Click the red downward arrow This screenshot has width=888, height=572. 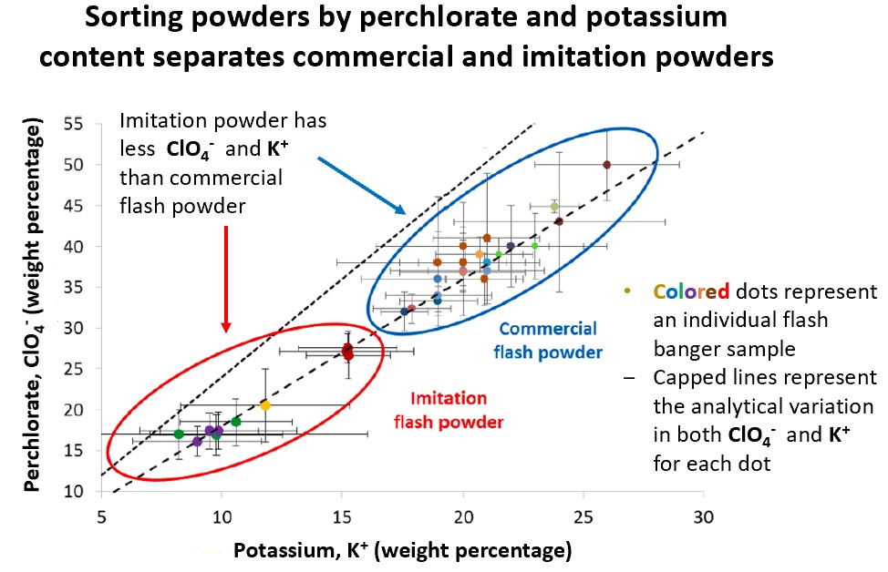pos(226,278)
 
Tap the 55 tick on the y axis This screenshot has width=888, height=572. pos(73,123)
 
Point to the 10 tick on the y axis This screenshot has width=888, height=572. pos(73,491)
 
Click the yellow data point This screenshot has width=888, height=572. pos(265,405)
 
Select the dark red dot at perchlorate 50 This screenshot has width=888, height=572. pos(606,165)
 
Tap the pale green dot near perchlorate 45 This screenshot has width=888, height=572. pos(554,207)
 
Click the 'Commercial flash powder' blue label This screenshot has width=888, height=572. pos(547,340)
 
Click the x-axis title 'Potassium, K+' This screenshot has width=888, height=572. pos(402,550)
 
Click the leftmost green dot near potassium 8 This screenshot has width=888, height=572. pos(179,434)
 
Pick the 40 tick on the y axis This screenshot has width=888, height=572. pos(73,246)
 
